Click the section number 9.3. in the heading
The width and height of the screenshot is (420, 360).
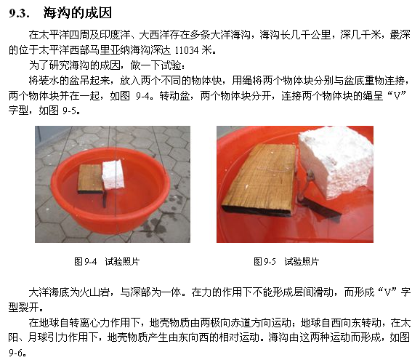pyautogui.click(x=19, y=13)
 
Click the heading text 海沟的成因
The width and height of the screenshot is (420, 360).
pyautogui.click(x=78, y=13)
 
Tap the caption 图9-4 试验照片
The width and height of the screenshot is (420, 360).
pyautogui.click(x=107, y=261)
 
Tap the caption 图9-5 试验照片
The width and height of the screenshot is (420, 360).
pyautogui.click(x=286, y=261)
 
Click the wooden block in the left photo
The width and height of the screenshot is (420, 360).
pyautogui.click(x=91, y=178)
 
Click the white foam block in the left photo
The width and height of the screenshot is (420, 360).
pyautogui.click(x=113, y=175)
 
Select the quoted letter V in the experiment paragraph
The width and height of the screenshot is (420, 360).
pyautogui.click(x=397, y=95)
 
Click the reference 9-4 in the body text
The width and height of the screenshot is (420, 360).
pyautogui.click(x=143, y=96)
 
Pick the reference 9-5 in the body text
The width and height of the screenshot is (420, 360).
pyautogui.click(x=70, y=111)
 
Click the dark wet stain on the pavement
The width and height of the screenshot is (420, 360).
pyautogui.click(x=154, y=223)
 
